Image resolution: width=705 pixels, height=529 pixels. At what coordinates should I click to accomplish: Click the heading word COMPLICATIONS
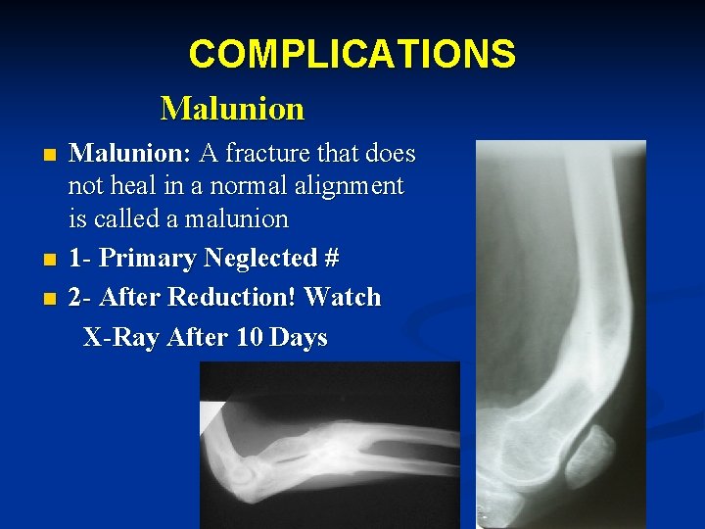[352, 54]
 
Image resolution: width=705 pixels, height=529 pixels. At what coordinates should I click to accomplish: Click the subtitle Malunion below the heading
[232, 108]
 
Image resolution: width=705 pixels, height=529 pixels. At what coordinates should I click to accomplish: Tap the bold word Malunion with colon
[130, 154]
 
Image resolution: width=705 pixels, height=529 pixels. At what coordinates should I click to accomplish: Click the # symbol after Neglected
[331, 259]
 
